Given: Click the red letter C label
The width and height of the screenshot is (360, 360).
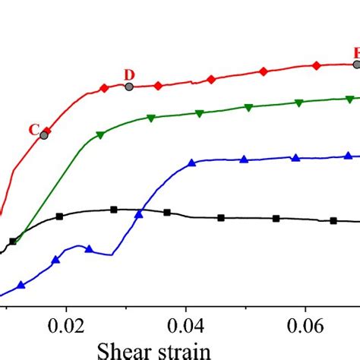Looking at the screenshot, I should point(34,129).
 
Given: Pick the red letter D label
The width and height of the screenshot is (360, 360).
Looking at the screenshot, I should point(129,74).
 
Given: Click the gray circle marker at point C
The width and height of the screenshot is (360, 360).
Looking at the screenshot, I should point(44,134).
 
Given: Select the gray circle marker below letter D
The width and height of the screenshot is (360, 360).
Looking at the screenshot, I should point(129,87).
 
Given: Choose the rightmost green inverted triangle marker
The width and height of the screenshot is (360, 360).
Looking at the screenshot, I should point(349,99).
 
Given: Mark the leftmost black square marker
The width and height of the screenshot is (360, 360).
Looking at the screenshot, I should point(13,242).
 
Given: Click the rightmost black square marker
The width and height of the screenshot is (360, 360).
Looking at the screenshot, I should point(333,221).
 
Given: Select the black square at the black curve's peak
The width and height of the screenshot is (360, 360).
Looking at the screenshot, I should point(113,210).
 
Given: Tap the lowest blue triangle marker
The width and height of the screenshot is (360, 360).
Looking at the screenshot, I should point(21,286).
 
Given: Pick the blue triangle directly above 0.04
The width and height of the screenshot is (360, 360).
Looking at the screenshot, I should point(191,162).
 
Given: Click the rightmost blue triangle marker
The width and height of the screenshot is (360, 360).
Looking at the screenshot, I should point(349,156).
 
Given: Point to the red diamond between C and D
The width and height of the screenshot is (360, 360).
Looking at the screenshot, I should point(104,89).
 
